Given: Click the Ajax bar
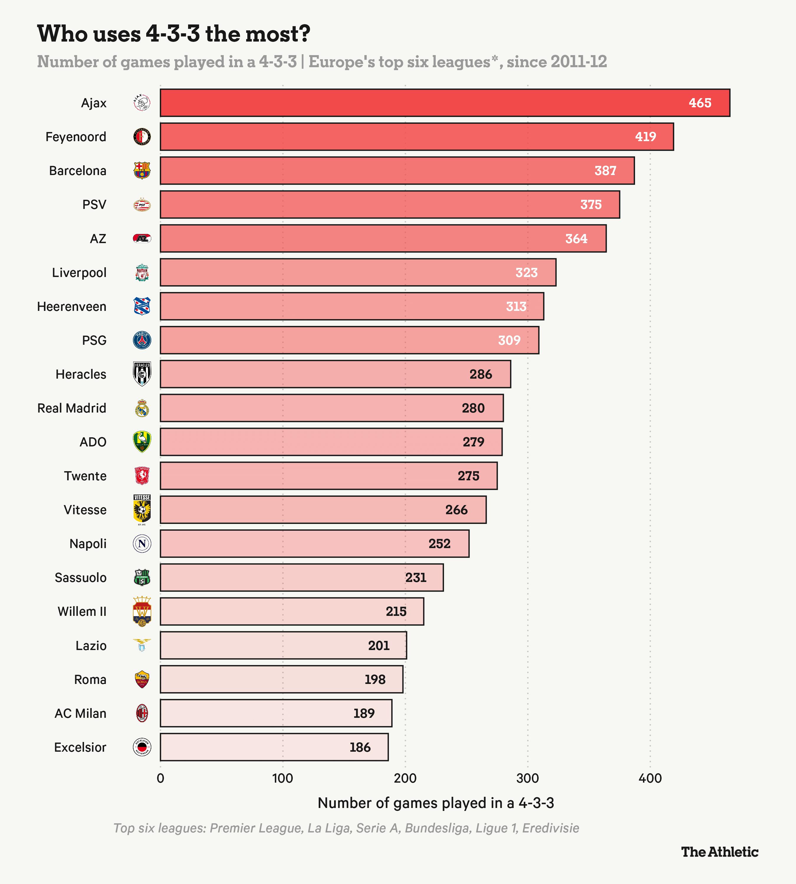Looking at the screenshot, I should click(x=445, y=103).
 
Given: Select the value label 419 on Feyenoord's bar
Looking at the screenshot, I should click(x=646, y=137).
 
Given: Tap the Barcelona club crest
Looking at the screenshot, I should click(x=142, y=171).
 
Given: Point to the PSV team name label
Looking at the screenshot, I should click(x=94, y=204).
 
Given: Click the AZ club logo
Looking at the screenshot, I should click(x=142, y=239).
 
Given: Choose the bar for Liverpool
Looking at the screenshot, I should click(x=358, y=272).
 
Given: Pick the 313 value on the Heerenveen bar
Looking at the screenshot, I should click(x=516, y=306).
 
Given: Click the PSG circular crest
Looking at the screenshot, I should click(x=142, y=340).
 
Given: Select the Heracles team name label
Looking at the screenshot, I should click(x=81, y=374).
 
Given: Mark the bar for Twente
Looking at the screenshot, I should click(x=328, y=476).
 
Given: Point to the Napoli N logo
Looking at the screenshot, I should click(x=142, y=543).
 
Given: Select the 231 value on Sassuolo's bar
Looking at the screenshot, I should click(x=415, y=578).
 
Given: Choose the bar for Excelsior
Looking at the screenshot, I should click(x=274, y=747).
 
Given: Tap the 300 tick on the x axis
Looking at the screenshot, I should click(x=527, y=779).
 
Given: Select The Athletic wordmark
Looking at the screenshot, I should click(x=719, y=852).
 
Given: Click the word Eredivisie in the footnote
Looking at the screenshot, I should click(x=551, y=828).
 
